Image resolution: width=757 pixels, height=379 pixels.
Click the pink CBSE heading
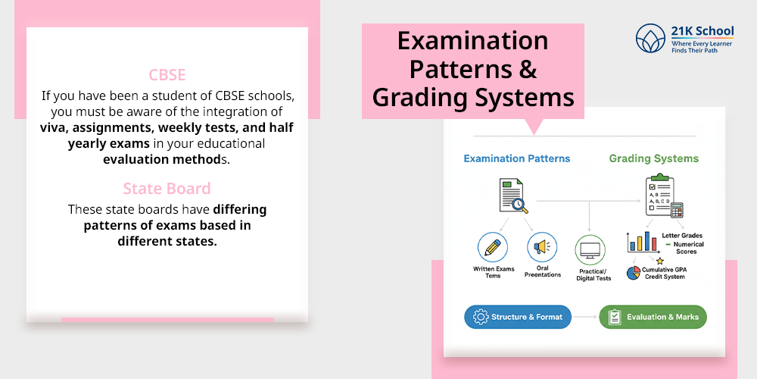coord(167,75)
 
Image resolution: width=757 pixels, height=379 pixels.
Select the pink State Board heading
coord(167,188)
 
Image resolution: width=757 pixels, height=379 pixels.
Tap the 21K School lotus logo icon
coord(650,38)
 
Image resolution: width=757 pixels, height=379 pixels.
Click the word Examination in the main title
coord(472,41)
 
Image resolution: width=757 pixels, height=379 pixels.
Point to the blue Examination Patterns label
coord(516,159)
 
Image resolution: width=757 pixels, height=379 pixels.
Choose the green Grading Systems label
coord(654,159)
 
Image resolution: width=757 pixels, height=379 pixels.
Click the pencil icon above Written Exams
coord(492,248)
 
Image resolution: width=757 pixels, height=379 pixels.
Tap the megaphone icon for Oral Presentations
coord(542,248)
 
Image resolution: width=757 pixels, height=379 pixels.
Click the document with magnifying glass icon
coord(512,195)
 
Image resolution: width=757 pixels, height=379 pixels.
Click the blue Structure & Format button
coord(519,317)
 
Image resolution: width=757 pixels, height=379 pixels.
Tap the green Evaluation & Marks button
coord(653,317)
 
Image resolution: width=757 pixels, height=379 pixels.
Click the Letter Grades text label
coord(682,236)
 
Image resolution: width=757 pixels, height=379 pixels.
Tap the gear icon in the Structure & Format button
coord(480,317)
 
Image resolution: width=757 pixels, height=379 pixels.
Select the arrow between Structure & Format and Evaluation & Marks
coord(584,317)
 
